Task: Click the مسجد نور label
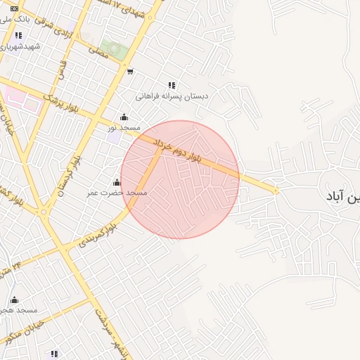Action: pyautogui.click(x=124, y=127)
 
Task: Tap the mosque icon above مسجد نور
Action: pyautogui.click(x=124, y=117)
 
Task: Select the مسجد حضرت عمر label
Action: pyautogui.click(x=117, y=192)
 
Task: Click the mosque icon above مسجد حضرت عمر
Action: pyautogui.click(x=117, y=182)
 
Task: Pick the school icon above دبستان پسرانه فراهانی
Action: pyautogui.click(x=172, y=85)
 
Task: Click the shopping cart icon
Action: pyautogui.click(x=130, y=71)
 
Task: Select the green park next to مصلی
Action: pyautogui.click(x=118, y=51)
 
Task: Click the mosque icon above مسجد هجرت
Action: pyautogui.click(x=15, y=300)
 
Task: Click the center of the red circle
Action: pyautogui.click(x=180, y=179)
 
